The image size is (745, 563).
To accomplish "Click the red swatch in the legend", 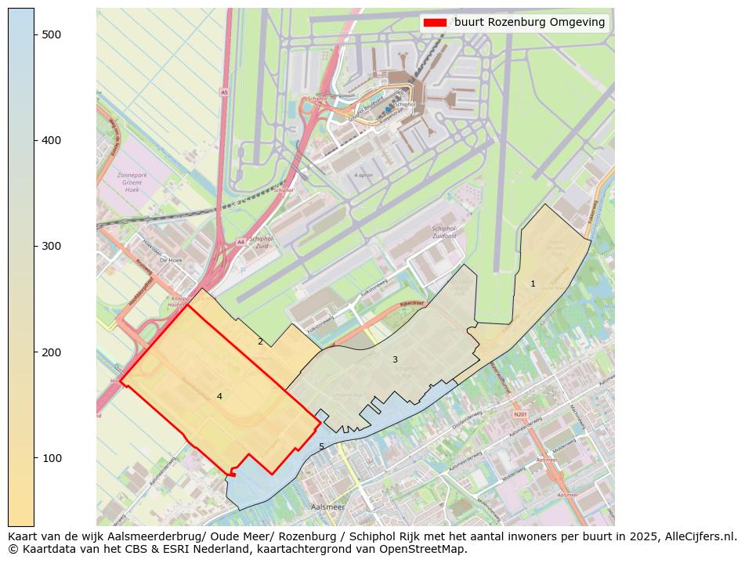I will pyautogui.click(x=435, y=23).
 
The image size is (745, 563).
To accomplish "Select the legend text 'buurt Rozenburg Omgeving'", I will pyautogui.click(x=530, y=23).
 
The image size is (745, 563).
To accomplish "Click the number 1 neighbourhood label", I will pyautogui.click(x=533, y=284).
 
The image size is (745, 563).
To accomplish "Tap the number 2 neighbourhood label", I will pyautogui.click(x=260, y=341).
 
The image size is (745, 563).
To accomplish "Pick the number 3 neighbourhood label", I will pyautogui.click(x=395, y=360).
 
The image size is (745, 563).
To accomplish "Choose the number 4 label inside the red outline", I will pyautogui.click(x=219, y=396).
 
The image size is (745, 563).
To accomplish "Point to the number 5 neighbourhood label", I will pyautogui.click(x=321, y=447).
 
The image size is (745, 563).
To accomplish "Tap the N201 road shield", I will pyautogui.click(x=521, y=414).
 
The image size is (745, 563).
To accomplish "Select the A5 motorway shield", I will pyautogui.click(x=224, y=92).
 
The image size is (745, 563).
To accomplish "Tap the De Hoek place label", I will pyautogui.click(x=170, y=260).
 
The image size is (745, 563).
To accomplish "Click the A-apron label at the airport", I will pyautogui.click(x=362, y=175).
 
